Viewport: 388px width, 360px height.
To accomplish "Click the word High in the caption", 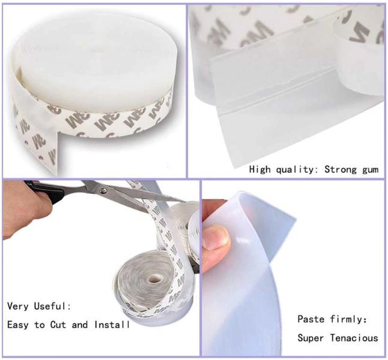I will [x=259, y=169].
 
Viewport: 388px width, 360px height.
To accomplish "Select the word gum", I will [x=370, y=170].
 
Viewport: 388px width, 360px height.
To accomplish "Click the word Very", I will [x=17, y=306].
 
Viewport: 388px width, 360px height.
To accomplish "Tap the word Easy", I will [x=18, y=325].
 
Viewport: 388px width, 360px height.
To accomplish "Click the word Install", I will [x=112, y=325].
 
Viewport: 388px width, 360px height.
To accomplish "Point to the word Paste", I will [x=311, y=319].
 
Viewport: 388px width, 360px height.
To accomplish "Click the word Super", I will [x=311, y=338].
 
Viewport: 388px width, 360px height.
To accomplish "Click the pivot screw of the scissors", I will [x=104, y=191].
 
